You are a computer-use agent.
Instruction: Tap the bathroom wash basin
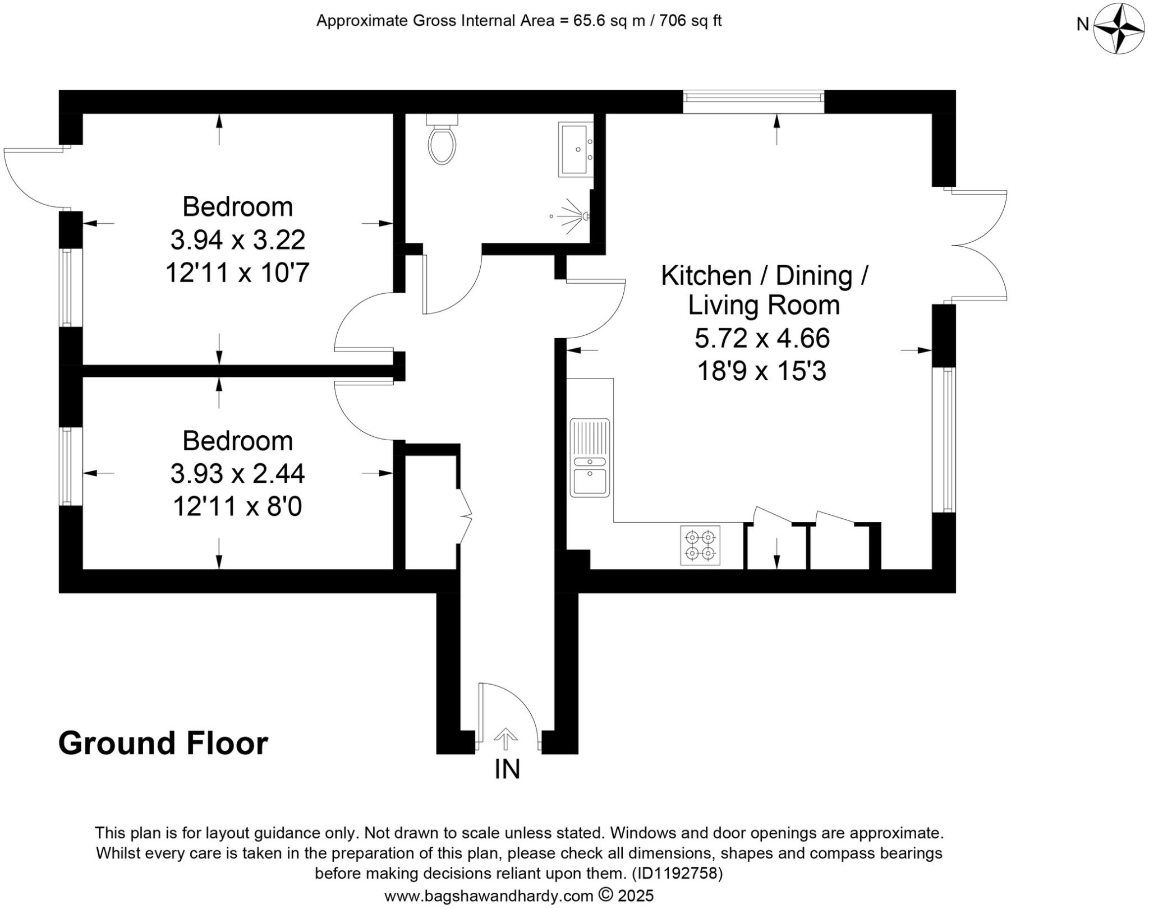576,149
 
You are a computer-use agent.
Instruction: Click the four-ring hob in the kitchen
701,545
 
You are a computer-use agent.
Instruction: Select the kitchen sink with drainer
589,458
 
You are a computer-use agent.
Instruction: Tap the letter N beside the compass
1082,25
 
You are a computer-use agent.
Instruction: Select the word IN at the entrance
507,769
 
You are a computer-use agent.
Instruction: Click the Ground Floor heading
163,744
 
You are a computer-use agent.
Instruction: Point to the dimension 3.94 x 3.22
237,241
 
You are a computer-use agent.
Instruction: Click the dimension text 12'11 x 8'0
237,507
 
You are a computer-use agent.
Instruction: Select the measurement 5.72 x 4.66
762,338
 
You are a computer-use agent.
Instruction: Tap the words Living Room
764,306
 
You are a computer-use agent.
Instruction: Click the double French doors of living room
979,245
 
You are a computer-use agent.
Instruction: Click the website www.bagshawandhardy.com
488,896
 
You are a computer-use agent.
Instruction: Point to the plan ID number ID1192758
677,874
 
